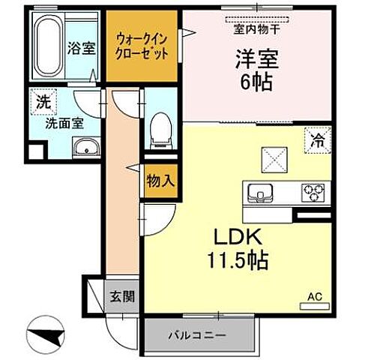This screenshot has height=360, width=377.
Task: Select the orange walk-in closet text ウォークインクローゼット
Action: click(x=142, y=47)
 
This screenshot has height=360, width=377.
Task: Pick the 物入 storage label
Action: click(x=161, y=180)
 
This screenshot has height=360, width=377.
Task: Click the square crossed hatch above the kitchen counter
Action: click(x=272, y=159)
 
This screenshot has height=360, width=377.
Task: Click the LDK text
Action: click(x=237, y=238)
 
